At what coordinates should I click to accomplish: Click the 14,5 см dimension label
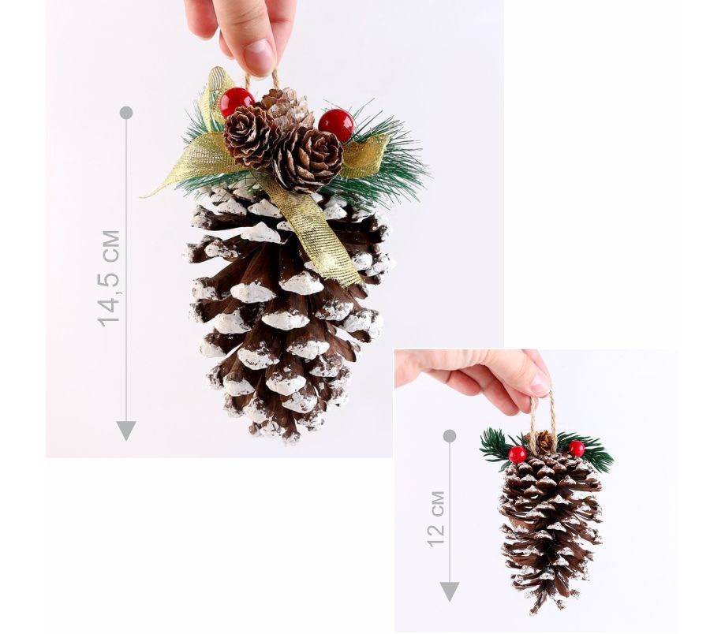point(109,278)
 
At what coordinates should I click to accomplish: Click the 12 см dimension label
point(436,519)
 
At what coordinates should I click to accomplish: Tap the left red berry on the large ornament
point(237,103)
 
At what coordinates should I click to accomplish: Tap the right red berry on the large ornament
point(336,125)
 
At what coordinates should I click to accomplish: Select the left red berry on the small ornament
point(518,455)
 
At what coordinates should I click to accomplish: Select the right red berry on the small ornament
point(577,449)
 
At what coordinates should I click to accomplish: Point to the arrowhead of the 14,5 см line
point(125,431)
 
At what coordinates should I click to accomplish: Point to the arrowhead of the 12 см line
point(450,592)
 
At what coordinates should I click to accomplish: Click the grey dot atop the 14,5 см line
point(126,112)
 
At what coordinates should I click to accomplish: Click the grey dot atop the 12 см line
point(450,436)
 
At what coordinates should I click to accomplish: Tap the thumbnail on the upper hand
point(259,55)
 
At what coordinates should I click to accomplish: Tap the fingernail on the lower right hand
point(540,383)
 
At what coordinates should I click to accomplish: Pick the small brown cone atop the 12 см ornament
point(543,442)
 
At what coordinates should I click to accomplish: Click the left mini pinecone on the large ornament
point(252,136)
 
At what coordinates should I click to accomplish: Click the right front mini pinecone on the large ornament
point(307,159)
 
